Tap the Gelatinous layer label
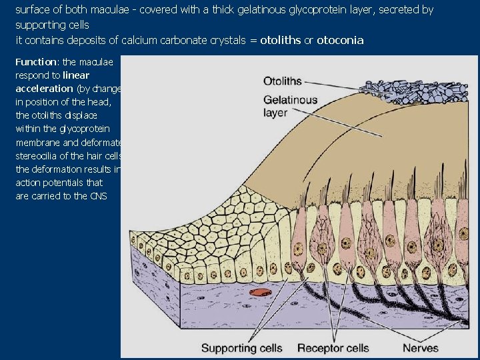pos(291,106)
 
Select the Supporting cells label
pos(241,348)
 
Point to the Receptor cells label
pos(333,348)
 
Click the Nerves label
pos(421,348)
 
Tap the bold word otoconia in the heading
pos(340,41)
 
